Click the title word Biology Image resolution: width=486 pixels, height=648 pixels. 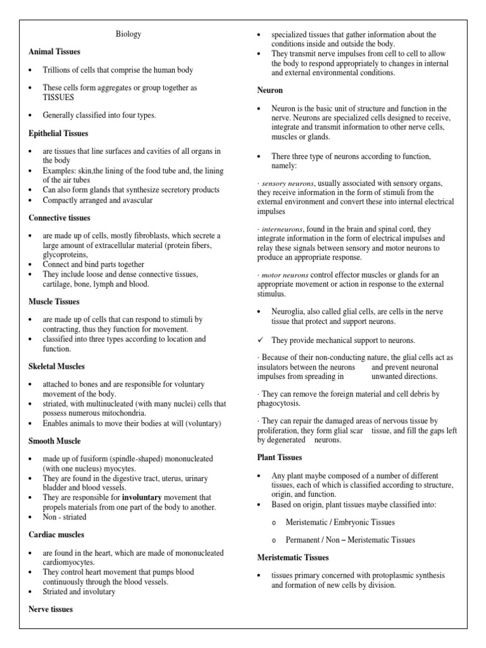coord(129,34)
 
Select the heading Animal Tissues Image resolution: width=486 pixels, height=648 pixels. coord(54,51)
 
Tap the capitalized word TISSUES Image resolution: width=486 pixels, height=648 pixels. coord(58,97)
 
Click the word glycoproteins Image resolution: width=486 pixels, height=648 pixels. coord(66,254)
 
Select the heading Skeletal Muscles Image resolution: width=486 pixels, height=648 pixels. coord(57,366)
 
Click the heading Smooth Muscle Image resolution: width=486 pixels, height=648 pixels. coord(54,440)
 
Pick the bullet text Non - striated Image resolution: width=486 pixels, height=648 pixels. coord(65,517)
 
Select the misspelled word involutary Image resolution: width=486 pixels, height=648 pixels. coord(98,592)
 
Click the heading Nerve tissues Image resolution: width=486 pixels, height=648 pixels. coord(51,609)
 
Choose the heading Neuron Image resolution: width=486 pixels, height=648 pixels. coord(270,90)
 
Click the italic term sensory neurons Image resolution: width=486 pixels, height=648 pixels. coord(288,183)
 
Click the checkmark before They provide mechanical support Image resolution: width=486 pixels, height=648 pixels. coord(261,340)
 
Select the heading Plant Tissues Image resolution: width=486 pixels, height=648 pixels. coord(279,457)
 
